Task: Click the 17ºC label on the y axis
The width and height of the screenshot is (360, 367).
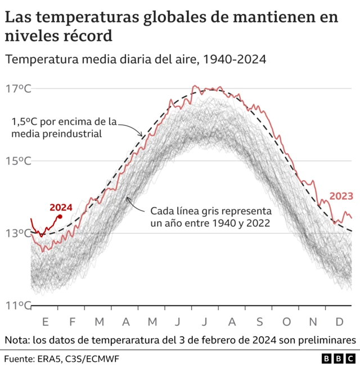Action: (19, 89)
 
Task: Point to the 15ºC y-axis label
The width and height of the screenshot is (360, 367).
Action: (19, 161)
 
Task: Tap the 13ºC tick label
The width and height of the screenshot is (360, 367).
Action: (19, 233)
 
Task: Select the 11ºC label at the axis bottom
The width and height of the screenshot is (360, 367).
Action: (18, 306)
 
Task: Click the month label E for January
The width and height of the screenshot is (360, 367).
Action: (45, 321)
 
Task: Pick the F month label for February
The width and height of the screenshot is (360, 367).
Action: (72, 321)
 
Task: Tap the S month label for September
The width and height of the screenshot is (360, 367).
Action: (260, 321)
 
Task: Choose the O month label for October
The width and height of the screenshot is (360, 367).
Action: (287, 321)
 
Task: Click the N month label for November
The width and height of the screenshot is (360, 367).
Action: (314, 321)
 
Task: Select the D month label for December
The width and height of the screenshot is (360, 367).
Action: (340, 321)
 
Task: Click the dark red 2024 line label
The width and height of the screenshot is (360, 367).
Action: (61, 207)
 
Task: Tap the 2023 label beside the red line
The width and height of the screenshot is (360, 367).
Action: (341, 196)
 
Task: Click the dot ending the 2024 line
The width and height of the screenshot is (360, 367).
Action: (60, 216)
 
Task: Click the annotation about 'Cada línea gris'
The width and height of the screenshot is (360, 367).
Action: (210, 217)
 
